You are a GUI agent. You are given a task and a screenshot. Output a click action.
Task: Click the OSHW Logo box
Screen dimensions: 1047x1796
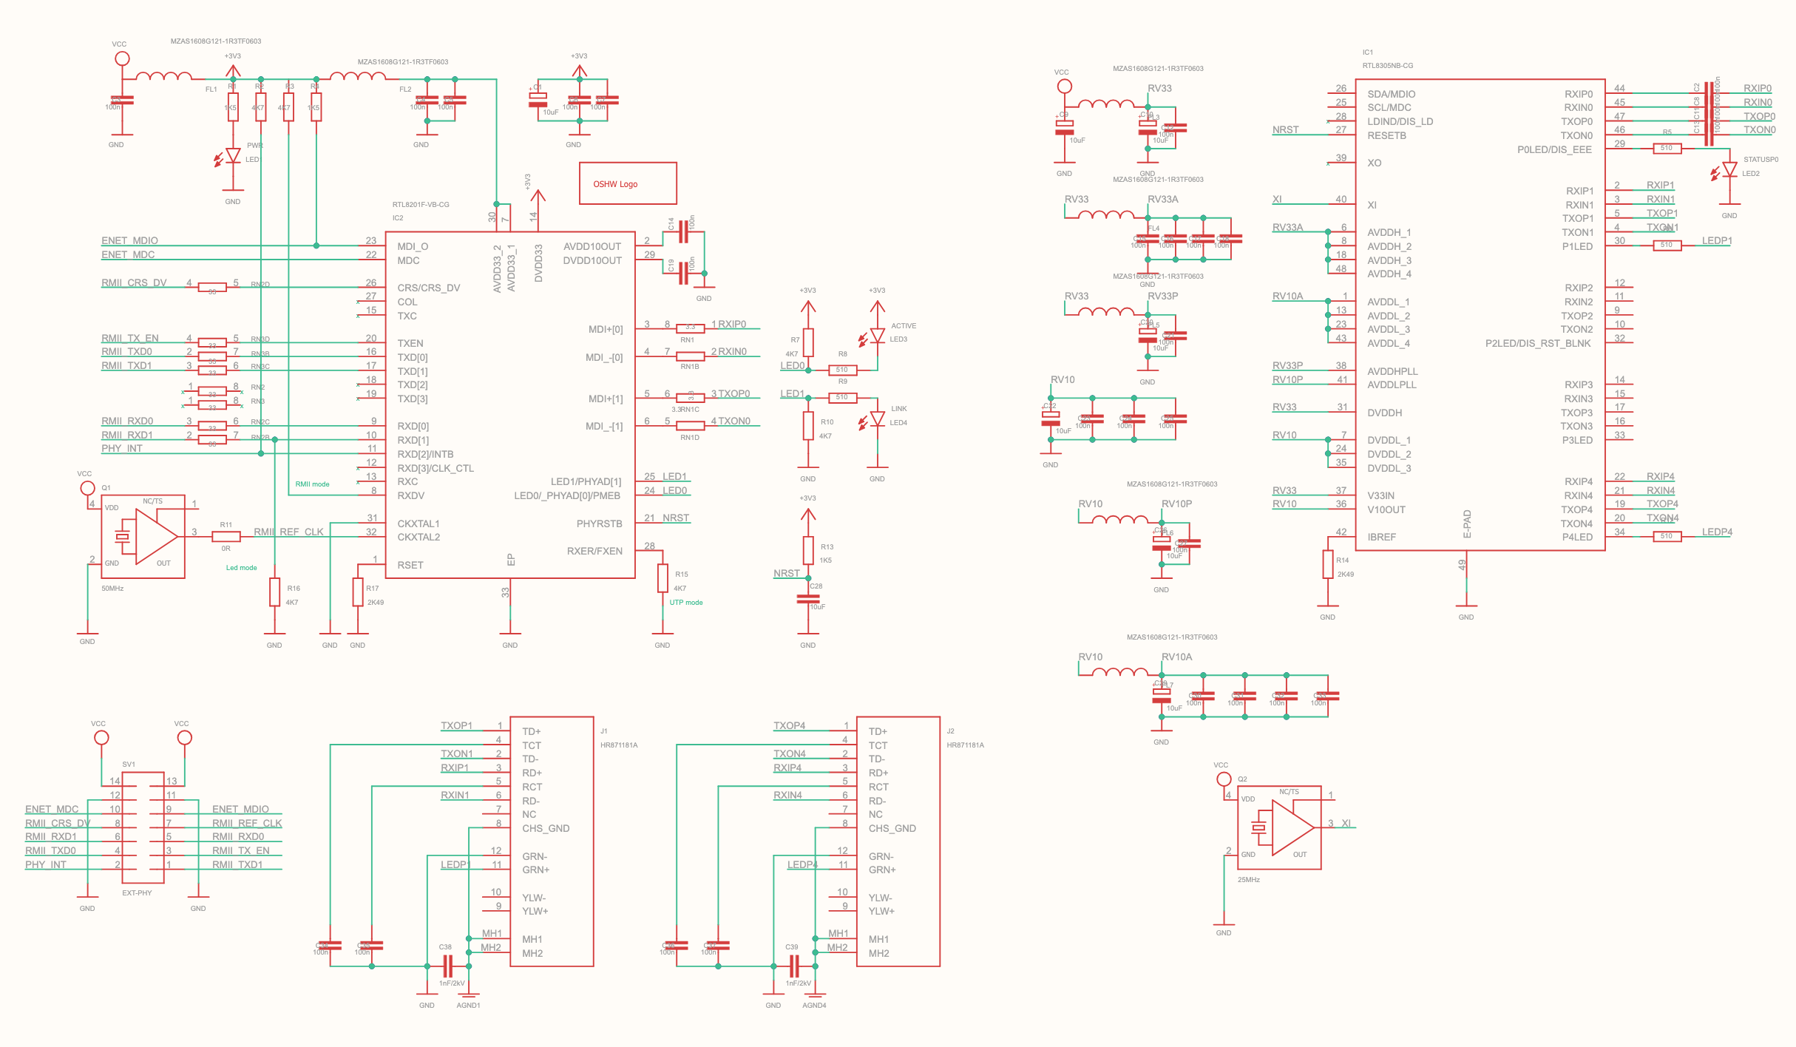coord(628,183)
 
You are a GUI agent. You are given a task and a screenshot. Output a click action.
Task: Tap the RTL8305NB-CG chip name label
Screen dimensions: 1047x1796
coord(1387,66)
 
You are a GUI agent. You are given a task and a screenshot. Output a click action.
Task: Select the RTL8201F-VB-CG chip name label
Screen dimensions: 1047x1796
coord(421,205)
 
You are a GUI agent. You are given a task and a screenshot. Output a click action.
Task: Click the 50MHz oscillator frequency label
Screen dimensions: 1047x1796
coord(112,589)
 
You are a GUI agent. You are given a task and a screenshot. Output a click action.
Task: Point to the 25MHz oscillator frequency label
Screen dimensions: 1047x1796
coord(1248,880)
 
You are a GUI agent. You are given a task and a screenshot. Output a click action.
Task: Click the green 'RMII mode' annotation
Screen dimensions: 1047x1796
coord(312,484)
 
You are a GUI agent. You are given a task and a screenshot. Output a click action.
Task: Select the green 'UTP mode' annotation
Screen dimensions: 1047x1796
coord(685,603)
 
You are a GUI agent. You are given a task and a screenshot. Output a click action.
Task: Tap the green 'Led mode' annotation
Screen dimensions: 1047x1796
coord(241,568)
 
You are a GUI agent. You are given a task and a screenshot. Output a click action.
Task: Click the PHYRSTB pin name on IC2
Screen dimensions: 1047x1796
coord(599,523)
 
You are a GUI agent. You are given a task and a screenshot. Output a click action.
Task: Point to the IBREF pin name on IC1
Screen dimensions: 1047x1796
coord(1381,537)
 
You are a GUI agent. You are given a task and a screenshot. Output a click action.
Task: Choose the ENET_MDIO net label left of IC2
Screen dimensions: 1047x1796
coord(129,240)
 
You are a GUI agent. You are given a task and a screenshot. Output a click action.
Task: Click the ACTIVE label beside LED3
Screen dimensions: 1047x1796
coord(903,326)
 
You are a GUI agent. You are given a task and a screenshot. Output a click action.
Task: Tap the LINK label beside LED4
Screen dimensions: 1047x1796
coord(898,409)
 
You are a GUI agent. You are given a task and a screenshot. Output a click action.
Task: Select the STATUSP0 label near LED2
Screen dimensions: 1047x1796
coord(1761,160)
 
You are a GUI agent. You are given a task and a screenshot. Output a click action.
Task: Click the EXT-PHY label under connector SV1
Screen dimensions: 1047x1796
coord(137,893)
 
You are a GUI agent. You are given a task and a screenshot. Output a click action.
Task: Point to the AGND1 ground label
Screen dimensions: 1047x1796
coord(468,1006)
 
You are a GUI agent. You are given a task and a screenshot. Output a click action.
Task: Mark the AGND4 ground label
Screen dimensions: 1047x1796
coord(814,1006)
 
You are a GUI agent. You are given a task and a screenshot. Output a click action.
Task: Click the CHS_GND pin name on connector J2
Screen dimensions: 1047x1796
coord(892,828)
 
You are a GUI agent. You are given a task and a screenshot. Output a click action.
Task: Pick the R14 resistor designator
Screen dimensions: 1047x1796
coord(1343,560)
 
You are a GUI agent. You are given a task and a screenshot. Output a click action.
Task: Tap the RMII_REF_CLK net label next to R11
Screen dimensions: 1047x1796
coord(288,532)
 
